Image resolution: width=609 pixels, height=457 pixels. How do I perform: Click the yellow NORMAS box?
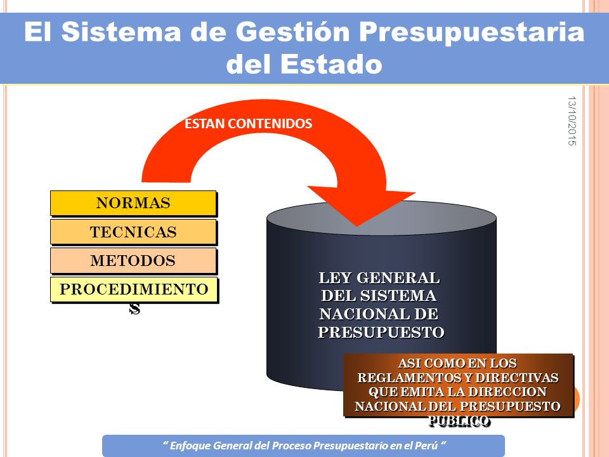click(133, 203)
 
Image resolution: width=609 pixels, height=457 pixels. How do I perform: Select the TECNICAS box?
click(133, 232)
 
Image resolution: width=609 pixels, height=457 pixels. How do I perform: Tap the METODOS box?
click(133, 261)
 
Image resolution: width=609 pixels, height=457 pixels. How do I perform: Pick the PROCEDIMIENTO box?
click(134, 289)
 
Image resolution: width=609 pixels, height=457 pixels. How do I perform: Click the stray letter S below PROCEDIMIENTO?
click(134, 308)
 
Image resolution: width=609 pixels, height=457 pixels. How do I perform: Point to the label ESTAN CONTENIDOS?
click(248, 124)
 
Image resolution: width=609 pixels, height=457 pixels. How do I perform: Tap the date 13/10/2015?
click(572, 121)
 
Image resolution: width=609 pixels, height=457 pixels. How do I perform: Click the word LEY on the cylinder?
click(335, 278)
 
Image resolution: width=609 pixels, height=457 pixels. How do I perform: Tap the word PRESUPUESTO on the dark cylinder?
click(381, 332)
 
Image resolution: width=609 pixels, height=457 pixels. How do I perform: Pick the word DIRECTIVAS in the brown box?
click(517, 377)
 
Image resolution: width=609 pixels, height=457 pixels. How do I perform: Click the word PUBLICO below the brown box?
click(459, 421)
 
